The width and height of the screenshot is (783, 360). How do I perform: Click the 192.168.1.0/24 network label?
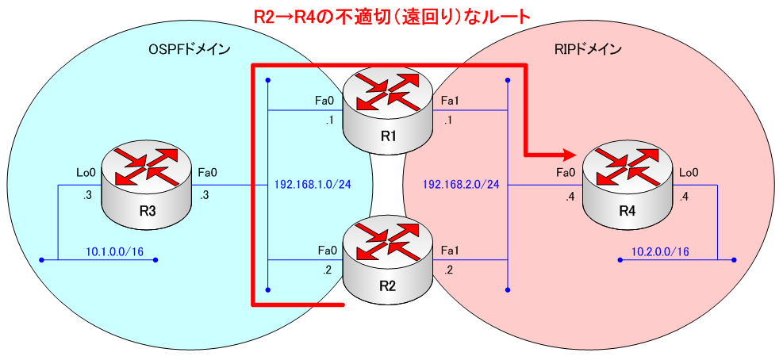point(313,184)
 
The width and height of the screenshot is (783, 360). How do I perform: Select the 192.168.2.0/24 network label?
point(461,184)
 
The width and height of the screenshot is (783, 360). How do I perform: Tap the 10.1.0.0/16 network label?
point(113,251)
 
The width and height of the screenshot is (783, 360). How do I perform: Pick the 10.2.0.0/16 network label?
point(660,251)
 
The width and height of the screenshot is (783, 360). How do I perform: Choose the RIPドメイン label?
point(588,49)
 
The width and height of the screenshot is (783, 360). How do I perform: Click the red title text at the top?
point(391,15)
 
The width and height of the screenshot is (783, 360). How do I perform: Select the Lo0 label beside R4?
point(687,170)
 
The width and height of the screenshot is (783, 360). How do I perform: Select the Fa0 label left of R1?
point(324,101)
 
